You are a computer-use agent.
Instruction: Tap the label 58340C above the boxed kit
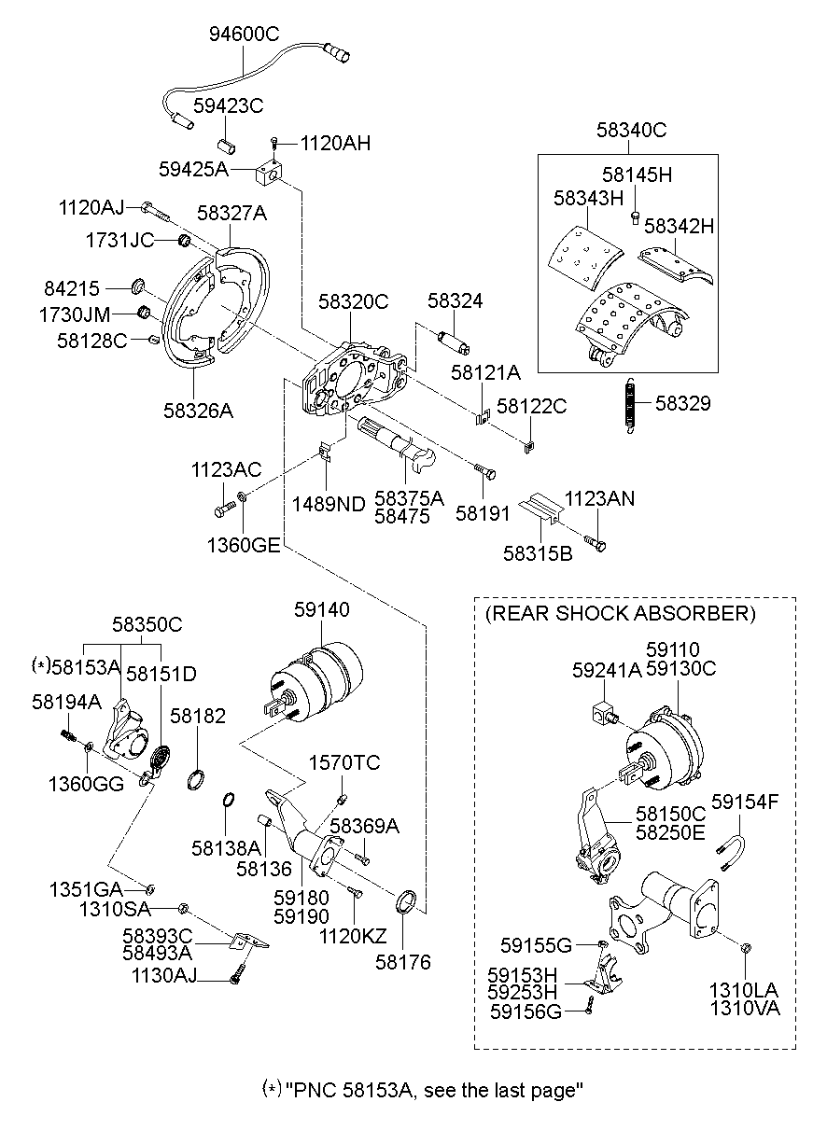pos(632,131)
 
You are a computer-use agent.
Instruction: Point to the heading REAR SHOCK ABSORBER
pos(620,613)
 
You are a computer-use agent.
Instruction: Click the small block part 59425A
pos(270,172)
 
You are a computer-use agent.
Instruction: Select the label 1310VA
pos(745,1008)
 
